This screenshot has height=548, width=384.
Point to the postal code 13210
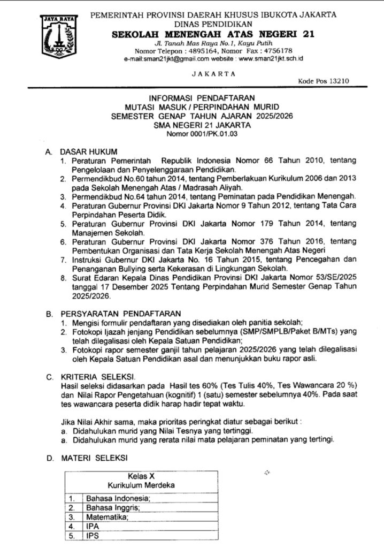coord(338,81)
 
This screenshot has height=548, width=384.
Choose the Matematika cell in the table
coord(108,517)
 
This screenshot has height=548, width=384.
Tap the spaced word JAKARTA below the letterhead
coord(213,73)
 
